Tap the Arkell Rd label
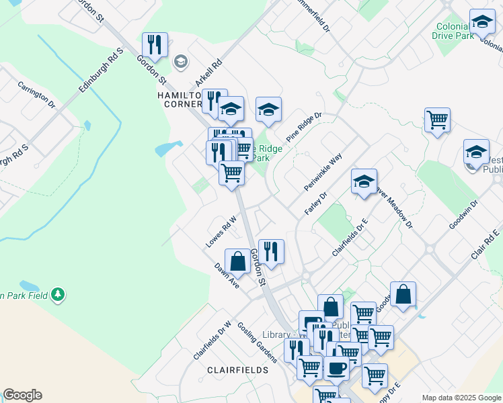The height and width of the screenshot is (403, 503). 208,71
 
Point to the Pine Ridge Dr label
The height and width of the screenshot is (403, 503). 304,126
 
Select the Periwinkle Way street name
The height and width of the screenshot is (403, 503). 323,171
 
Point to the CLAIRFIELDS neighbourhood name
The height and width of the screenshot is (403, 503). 237,370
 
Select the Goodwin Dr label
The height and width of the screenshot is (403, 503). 463,214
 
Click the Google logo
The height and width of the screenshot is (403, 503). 22,395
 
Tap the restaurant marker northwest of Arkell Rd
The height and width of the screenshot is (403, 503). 155,45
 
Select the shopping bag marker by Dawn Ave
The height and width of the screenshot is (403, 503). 237,262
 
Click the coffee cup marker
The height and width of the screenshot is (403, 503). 336,367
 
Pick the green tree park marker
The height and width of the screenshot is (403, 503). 59,294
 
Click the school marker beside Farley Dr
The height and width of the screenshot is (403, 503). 364,181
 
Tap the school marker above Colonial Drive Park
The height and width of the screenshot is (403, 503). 482,22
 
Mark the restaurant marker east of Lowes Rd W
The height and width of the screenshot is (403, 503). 271,252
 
